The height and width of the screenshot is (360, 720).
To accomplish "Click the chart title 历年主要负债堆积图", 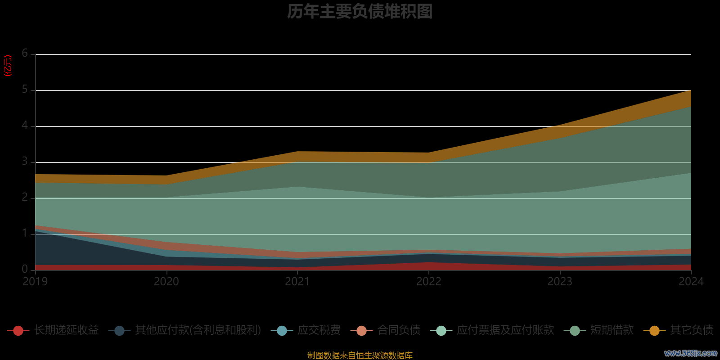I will tap(360, 12).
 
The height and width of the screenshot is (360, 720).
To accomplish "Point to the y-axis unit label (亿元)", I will tap(8, 66).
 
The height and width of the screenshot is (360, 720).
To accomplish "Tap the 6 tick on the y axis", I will tap(25, 54).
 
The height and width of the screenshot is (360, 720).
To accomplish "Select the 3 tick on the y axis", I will tap(25, 162).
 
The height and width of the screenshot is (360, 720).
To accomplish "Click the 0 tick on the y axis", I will tap(25, 269).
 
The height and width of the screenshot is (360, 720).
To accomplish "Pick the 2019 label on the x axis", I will tap(35, 282).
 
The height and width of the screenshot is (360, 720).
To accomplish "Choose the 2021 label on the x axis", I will tap(297, 282).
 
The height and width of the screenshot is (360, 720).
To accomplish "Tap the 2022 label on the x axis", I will tap(428, 282).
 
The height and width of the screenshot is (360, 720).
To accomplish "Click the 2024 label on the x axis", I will tap(691, 282).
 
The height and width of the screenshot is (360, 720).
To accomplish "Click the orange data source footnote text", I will tap(360, 355).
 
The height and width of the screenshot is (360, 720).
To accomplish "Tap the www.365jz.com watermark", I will tap(691, 353).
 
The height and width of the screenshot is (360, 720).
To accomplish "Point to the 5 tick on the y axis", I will tap(25, 90).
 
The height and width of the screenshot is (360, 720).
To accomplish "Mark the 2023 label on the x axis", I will tap(560, 282).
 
